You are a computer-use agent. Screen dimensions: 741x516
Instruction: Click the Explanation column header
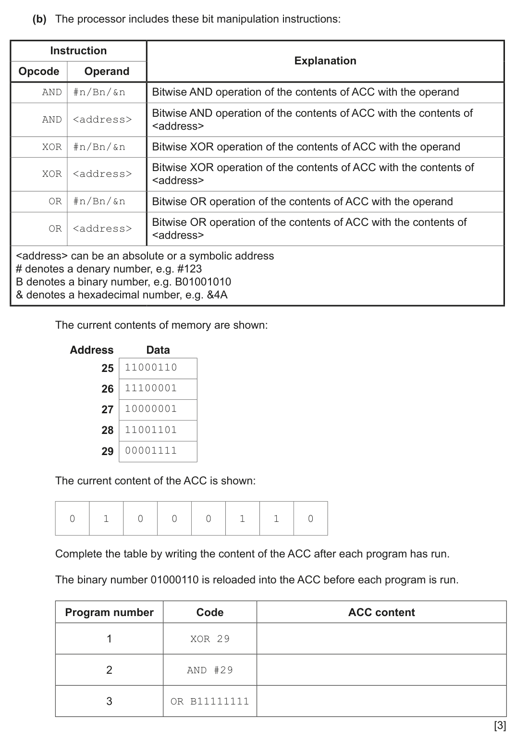pos(325,61)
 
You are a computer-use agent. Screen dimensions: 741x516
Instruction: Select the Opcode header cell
pos(39,72)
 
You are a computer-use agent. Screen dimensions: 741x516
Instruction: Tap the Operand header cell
pos(107,72)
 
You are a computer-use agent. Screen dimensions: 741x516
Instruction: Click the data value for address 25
pos(151,368)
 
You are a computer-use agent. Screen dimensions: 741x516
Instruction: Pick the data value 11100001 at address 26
pos(151,388)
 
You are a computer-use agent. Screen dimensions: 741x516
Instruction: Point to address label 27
pos(107,409)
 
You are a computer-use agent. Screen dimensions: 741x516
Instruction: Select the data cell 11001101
pos(151,430)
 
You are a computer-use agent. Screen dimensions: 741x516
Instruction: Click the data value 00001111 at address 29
pos(151,451)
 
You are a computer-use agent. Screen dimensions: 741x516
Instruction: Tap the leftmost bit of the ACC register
pos(72,519)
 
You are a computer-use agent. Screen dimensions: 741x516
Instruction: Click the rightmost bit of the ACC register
pos(310,519)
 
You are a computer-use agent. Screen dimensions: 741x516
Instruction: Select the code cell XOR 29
pos(210,639)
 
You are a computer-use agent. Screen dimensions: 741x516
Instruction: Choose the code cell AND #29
pos(210,670)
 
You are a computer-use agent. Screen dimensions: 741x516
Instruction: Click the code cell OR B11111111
pos(210,702)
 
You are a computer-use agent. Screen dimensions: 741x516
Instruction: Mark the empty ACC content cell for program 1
pos(381,639)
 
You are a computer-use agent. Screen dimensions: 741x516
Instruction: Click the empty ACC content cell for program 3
pos(381,702)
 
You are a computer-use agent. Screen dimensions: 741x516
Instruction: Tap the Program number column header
pos(109,613)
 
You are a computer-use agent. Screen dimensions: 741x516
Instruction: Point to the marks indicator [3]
pos(500,726)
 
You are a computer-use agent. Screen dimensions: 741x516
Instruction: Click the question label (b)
pos(39,19)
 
